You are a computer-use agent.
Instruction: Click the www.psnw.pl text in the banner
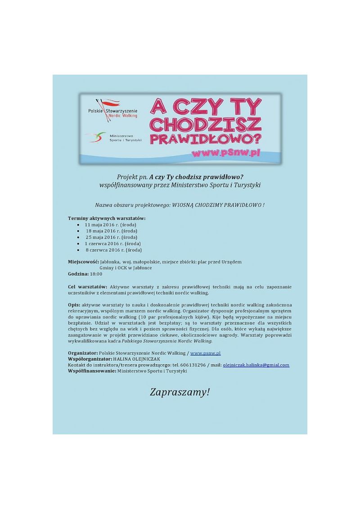(x=226, y=153)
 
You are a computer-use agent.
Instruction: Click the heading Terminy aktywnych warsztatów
(x=107, y=218)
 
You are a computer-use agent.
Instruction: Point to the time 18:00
(x=96, y=274)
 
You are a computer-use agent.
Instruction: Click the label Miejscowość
(x=83, y=262)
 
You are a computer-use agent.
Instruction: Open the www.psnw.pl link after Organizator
(x=205, y=353)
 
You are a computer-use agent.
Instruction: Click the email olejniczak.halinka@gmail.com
(x=256, y=365)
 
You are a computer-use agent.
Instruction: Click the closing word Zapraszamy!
(x=180, y=392)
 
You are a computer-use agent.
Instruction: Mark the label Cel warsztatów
(x=87, y=286)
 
